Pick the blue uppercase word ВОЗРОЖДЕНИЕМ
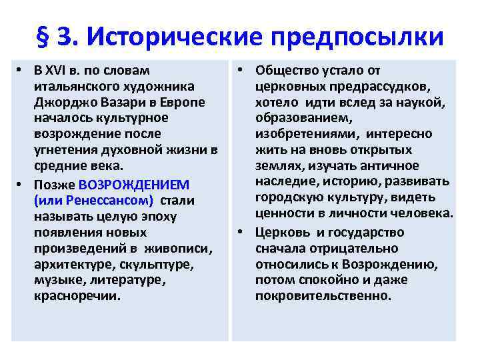click(x=133, y=184)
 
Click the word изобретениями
click(x=303, y=135)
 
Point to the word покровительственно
click(x=323, y=296)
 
